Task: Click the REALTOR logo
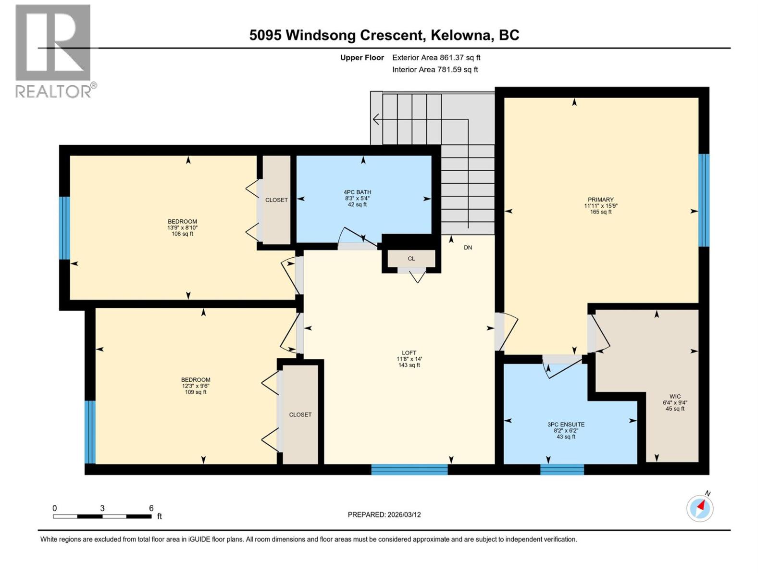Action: [53, 50]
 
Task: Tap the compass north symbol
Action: [700, 508]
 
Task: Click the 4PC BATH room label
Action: [357, 192]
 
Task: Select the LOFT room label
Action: [409, 353]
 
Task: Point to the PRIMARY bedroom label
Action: [600, 200]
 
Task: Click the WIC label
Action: [675, 397]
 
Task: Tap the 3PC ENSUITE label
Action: [566, 425]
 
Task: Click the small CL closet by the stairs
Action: [411, 259]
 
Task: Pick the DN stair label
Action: [468, 248]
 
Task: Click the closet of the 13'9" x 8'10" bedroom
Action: [276, 200]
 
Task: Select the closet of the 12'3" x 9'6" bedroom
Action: [300, 414]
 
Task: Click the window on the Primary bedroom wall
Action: [704, 200]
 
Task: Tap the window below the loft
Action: [409, 469]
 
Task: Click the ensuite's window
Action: [562, 469]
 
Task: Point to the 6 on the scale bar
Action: [151, 508]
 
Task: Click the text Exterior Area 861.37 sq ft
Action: [436, 58]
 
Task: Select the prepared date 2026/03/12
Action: [404, 514]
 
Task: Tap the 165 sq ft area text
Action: [600, 212]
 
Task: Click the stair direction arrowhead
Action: [375, 119]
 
